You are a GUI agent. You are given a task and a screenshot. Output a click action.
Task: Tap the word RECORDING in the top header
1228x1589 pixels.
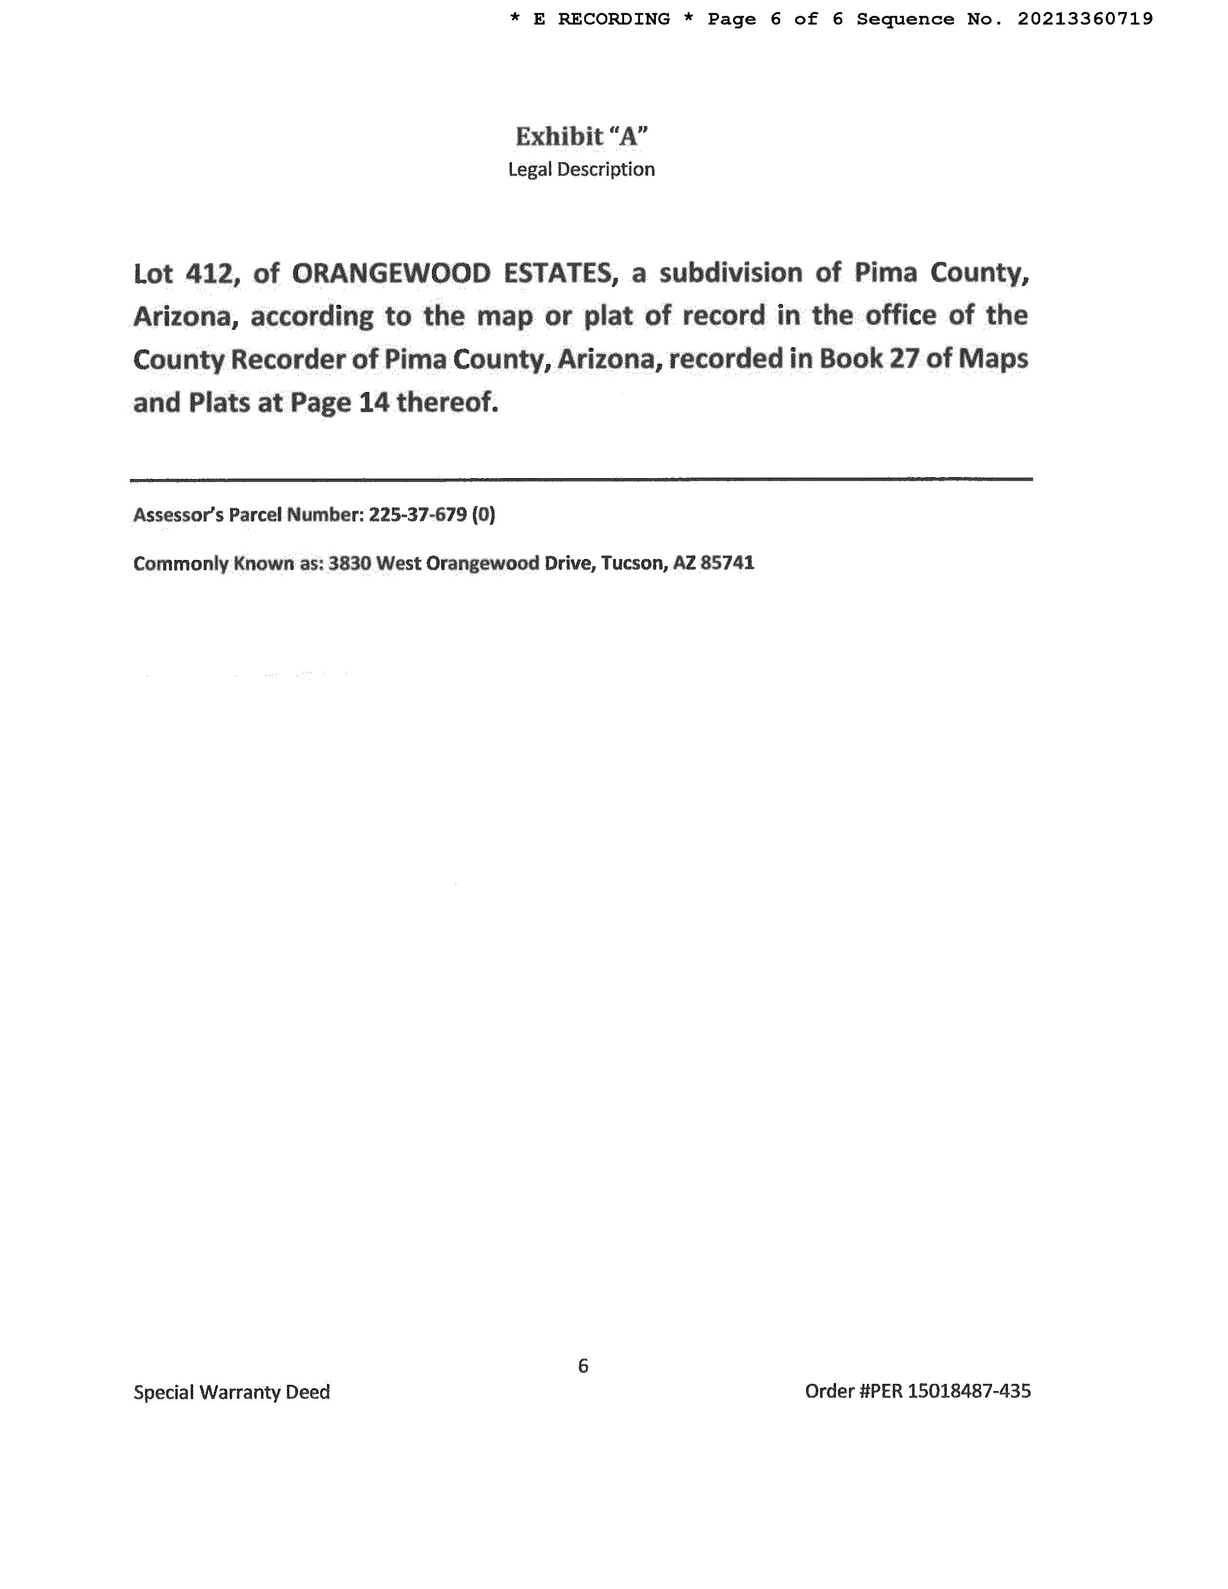coord(614,19)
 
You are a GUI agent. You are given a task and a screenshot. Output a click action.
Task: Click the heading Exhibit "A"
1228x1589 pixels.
coord(581,136)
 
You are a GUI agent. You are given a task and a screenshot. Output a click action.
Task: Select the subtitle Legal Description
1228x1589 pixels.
coord(581,169)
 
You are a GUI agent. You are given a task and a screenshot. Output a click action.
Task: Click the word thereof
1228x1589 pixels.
coord(447,403)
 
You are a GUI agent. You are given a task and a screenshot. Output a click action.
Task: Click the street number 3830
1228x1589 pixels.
coord(349,563)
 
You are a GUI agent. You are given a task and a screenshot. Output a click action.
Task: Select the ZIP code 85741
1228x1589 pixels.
coord(727,563)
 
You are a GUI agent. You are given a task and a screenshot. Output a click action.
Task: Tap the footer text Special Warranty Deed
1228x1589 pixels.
coord(231,1392)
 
